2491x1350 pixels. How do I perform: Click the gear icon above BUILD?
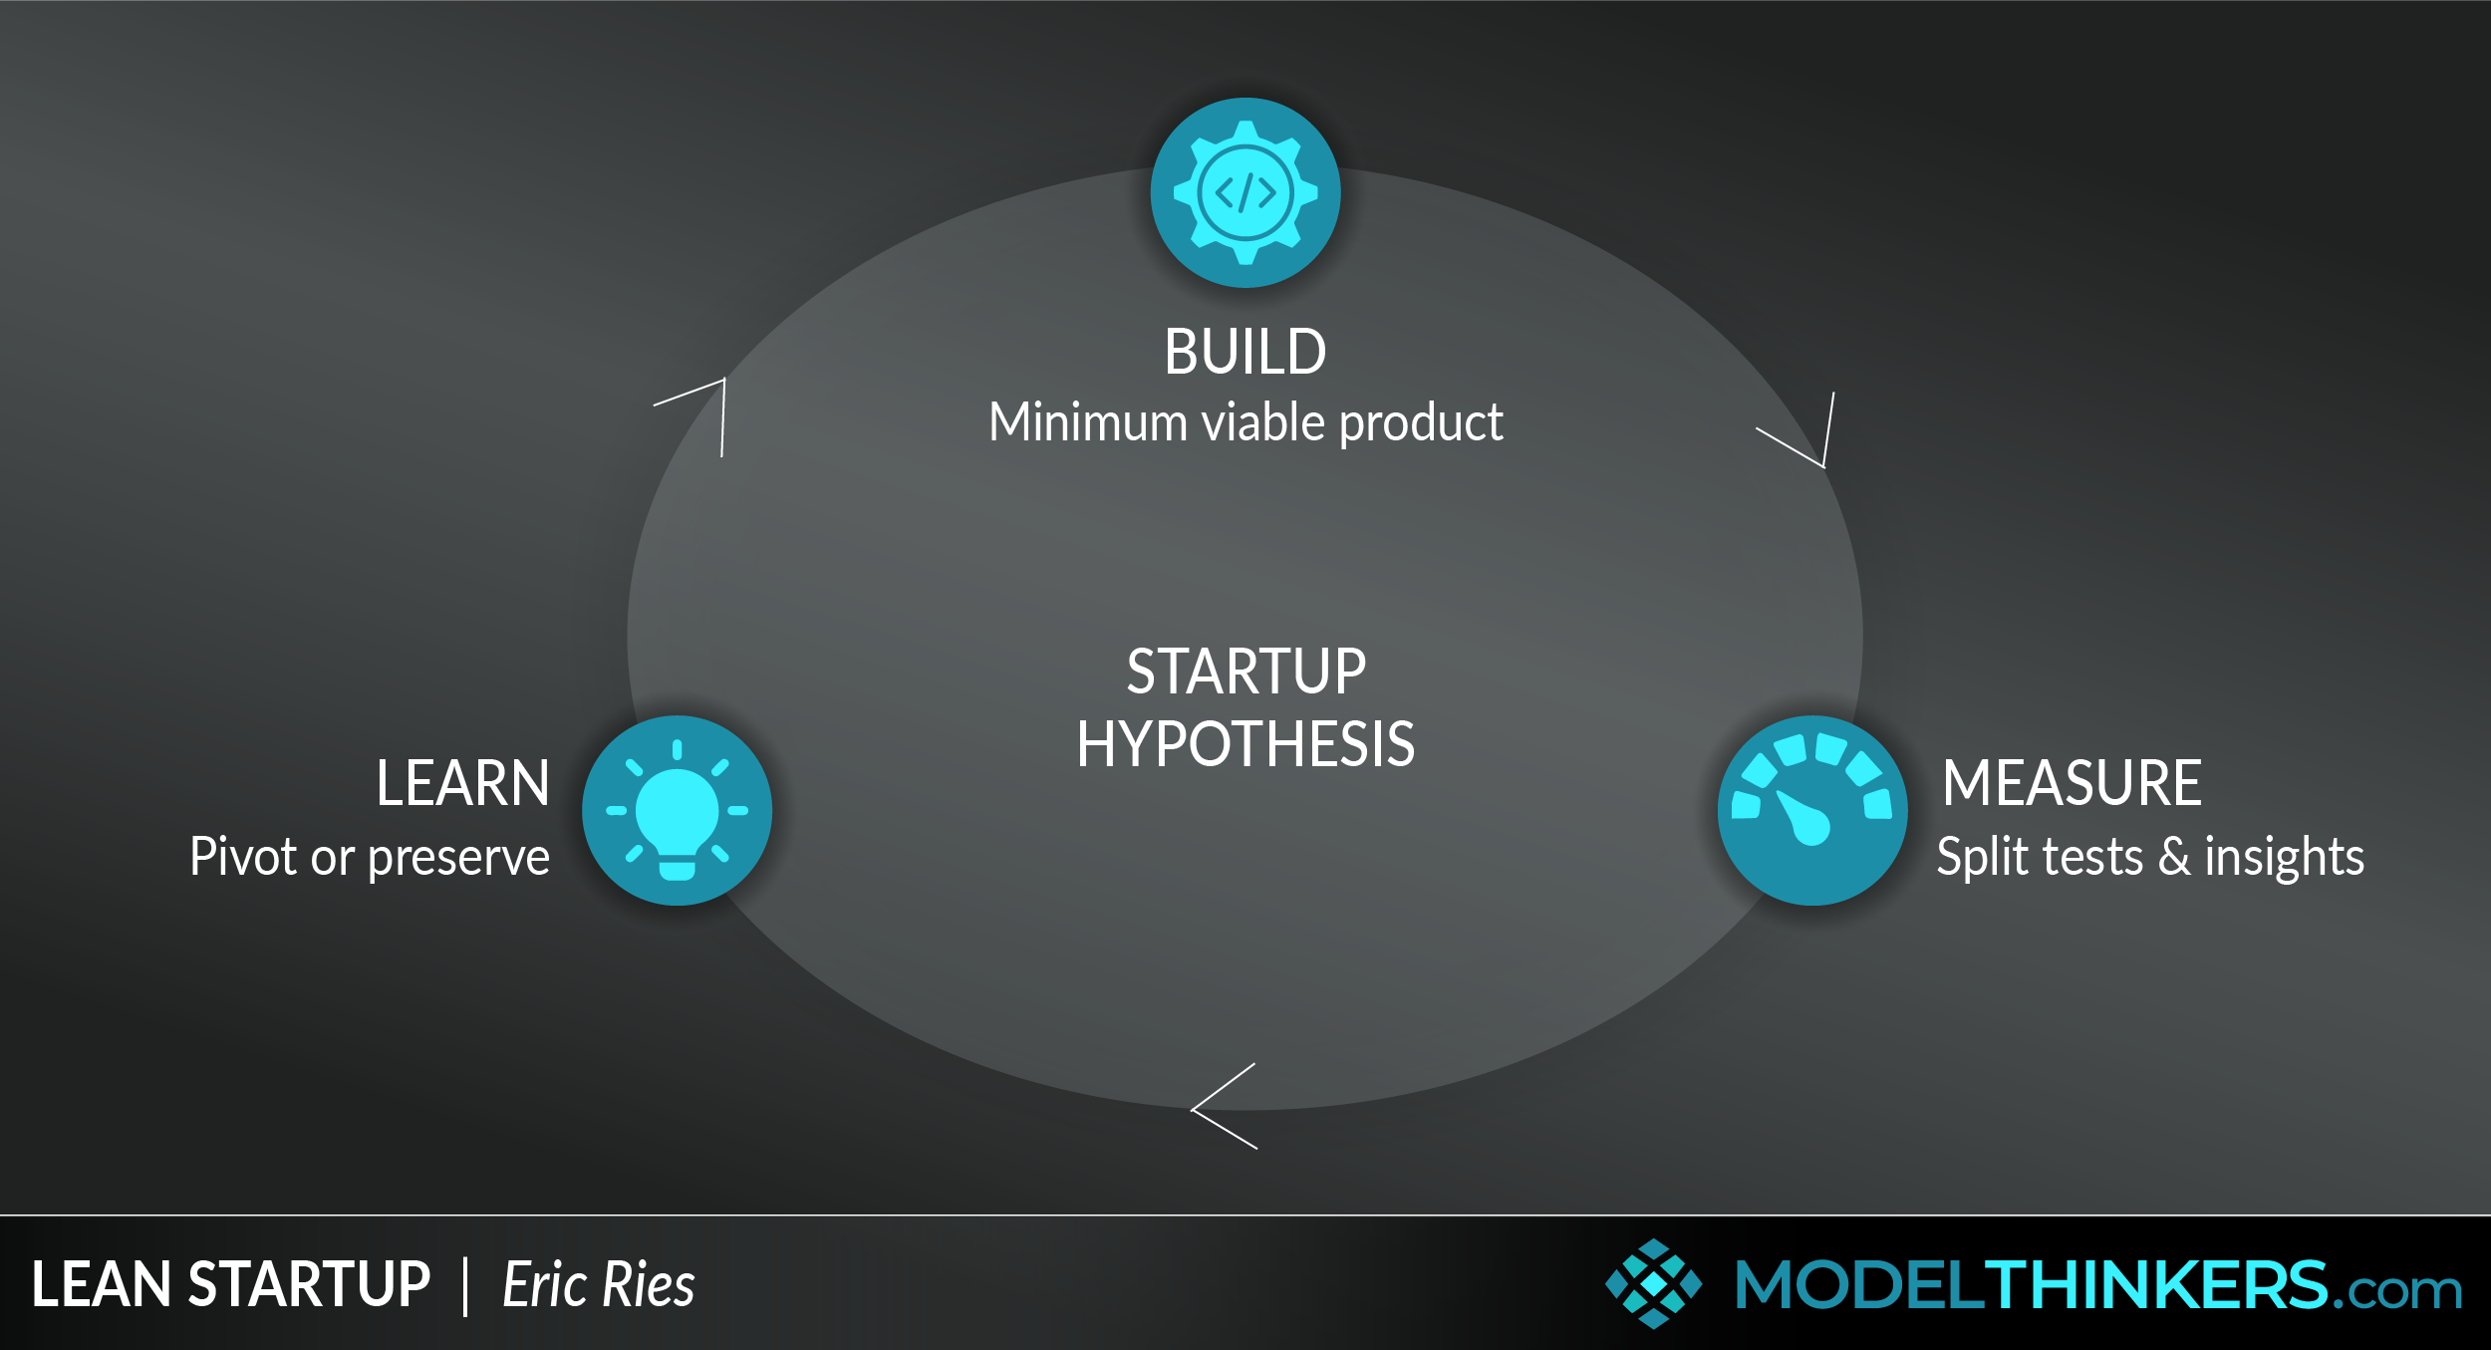[x=1245, y=192]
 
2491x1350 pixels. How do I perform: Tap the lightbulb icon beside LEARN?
[x=678, y=810]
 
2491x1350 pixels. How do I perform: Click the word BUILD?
[x=1245, y=352]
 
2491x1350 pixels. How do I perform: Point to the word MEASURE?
[x=2072, y=783]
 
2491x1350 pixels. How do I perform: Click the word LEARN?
[x=462, y=783]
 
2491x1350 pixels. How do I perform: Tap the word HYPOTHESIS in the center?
[x=1245, y=744]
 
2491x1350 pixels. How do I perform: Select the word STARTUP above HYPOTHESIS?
[x=1246, y=672]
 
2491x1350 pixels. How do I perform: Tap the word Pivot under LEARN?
[x=243, y=857]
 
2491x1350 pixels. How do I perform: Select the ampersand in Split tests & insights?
[x=2174, y=857]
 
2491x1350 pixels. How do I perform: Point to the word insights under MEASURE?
[x=2285, y=858]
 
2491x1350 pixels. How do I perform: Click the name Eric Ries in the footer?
[x=599, y=1284]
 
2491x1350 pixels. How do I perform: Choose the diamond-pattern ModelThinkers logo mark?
[x=1654, y=1283]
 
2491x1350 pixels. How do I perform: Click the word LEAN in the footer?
[x=103, y=1284]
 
